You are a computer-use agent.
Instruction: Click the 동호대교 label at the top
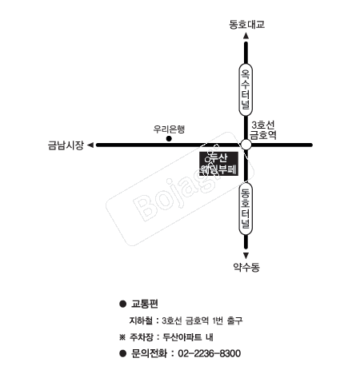coord(246,24)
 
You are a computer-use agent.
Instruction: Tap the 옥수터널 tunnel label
coord(246,90)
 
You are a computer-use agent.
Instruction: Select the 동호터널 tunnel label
coord(246,207)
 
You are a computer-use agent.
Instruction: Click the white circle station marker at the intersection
coord(246,144)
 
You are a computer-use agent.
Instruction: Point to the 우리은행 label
coord(169,128)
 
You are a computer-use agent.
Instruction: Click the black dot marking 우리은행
coord(169,139)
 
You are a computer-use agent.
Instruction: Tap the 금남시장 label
coord(66,145)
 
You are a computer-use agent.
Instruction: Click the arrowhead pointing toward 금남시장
coord(91,145)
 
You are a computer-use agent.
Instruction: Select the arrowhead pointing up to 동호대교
coord(246,38)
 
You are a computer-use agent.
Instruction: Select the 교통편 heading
coord(146,304)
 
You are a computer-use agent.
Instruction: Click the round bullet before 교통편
coord(122,304)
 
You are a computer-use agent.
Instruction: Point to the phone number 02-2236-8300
coord(210,352)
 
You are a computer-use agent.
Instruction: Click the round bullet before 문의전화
coord(122,352)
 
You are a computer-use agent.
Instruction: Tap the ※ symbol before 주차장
coord(122,336)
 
